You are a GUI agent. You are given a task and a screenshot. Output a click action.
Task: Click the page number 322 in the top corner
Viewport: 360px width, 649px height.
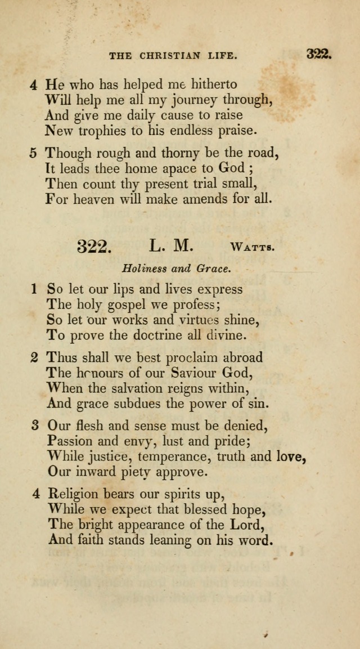[x=320, y=55]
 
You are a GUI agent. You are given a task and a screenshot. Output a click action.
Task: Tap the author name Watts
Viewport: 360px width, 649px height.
[x=252, y=247]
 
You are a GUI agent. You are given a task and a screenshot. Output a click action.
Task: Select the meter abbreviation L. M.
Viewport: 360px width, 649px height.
[x=172, y=245]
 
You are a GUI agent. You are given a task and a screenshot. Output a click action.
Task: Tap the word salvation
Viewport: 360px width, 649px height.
[x=137, y=388]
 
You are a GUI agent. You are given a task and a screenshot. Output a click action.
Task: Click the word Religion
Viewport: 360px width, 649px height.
[x=73, y=495]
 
